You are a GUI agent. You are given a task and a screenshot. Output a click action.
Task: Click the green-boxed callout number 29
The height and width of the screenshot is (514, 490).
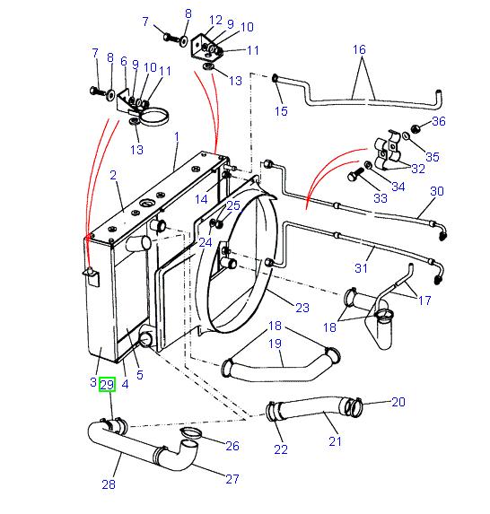[107, 385]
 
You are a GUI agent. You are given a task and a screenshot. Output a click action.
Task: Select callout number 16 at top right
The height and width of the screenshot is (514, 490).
[360, 50]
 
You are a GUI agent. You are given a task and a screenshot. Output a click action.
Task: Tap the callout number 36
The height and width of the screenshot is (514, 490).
[439, 121]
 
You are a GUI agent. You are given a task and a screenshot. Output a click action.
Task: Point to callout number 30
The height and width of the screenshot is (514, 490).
[437, 191]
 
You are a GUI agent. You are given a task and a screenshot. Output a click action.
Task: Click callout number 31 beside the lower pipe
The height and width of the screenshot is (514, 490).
[362, 266]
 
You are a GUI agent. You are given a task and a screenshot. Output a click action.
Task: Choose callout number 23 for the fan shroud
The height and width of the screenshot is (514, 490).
[302, 308]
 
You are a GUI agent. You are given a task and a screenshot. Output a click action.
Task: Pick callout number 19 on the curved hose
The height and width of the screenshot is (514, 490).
[276, 343]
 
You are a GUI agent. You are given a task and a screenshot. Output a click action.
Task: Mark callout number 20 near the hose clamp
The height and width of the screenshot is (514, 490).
[399, 401]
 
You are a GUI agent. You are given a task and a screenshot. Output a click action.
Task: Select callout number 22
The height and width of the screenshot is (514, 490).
[280, 449]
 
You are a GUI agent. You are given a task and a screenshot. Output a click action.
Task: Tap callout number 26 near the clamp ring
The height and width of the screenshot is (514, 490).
[232, 446]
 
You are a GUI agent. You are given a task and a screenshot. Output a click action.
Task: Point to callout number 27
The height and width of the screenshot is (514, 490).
[232, 478]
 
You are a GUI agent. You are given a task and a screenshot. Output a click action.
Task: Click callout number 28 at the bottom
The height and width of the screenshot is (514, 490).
[109, 484]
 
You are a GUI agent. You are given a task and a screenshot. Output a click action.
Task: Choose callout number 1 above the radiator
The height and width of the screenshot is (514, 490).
[177, 136]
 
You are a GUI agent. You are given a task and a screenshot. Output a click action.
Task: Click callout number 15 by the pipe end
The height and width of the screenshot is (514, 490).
[281, 111]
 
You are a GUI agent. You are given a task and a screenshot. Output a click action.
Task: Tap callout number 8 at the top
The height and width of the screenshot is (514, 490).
[188, 13]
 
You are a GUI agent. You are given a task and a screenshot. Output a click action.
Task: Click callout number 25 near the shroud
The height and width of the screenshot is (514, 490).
[233, 205]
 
